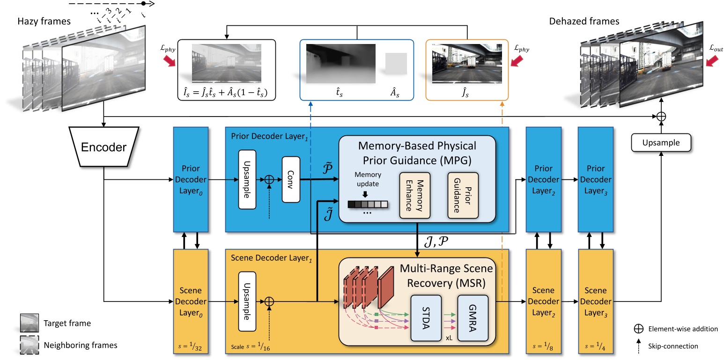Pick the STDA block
click(x=426, y=317)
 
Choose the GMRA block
click(x=473, y=317)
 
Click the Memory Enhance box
click(x=414, y=195)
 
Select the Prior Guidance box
click(x=463, y=195)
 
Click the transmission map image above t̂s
click(x=340, y=64)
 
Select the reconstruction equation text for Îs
click(x=227, y=89)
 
